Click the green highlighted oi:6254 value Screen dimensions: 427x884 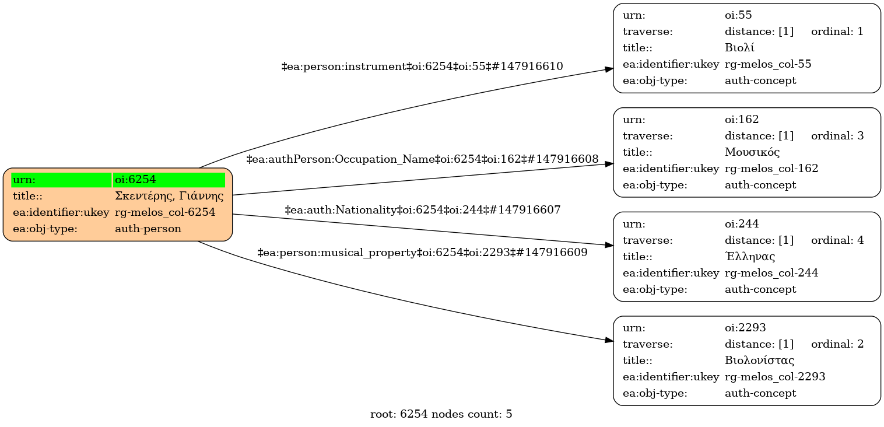[169, 180]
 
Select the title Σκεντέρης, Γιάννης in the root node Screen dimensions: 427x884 [169, 196]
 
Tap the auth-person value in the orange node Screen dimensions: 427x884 [148, 229]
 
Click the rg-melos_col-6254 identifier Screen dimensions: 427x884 [165, 212]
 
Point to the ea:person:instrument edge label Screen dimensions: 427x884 [422, 66]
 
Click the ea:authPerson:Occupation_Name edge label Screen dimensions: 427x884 [423, 159]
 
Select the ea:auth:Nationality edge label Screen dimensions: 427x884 [423, 209]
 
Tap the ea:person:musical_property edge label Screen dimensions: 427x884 [423, 253]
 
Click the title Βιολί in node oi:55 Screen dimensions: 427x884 [740, 48]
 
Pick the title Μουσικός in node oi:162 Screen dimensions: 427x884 [752, 152]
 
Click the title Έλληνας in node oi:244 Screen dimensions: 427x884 [750, 257]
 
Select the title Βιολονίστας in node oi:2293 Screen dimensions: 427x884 [759, 360]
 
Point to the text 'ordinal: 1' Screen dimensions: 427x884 [837, 32]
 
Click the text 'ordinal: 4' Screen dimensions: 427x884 [837, 240]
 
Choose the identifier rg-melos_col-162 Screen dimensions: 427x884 [771, 169]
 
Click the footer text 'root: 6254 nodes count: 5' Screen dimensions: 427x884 [441, 415]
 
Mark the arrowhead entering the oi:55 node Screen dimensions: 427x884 [609, 69]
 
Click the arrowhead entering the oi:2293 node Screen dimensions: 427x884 [609, 339]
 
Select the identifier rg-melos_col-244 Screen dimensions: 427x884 [771, 273]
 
